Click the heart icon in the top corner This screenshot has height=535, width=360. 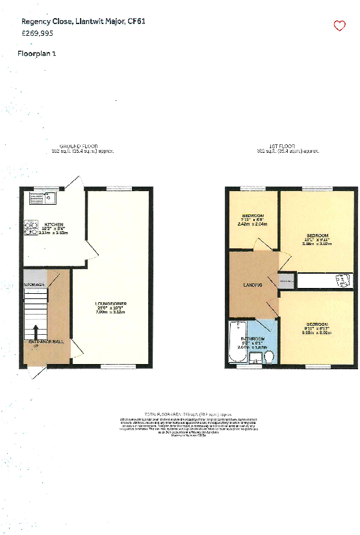coord(339,26)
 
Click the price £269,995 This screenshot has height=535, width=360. coord(37,33)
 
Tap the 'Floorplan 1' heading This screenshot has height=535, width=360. coord(37,53)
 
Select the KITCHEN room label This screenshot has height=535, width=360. coord(54,224)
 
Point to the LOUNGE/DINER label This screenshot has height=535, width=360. coord(111,304)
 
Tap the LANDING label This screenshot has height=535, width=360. coord(252,285)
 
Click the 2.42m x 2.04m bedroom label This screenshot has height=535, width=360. coord(252,222)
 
